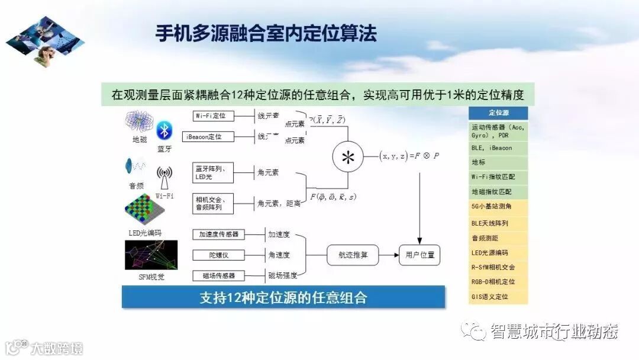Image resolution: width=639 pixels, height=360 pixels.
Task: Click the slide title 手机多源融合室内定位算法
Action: pos(266,33)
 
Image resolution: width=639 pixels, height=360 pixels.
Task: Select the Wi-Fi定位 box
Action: pos(214,115)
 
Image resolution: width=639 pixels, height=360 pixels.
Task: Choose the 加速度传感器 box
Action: pos(218,234)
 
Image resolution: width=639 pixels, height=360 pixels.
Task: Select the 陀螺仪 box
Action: pos(218,255)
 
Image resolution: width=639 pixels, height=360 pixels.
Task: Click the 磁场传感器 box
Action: pos(218,275)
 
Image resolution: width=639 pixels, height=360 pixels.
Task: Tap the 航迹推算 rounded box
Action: pos(352,255)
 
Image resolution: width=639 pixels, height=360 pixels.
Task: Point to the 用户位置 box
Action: pos(419,255)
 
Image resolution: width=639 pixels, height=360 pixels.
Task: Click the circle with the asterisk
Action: pos(348,157)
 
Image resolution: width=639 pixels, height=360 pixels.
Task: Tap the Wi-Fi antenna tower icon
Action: pos(164,176)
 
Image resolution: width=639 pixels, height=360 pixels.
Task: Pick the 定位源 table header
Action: pos(498,112)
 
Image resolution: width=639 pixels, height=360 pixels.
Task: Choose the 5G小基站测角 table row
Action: pos(498,207)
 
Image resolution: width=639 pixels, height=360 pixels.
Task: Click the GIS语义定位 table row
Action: pos(498,297)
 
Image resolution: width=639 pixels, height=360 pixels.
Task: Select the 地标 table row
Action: pos(498,161)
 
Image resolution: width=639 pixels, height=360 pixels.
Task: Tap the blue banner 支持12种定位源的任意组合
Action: pos(283,297)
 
